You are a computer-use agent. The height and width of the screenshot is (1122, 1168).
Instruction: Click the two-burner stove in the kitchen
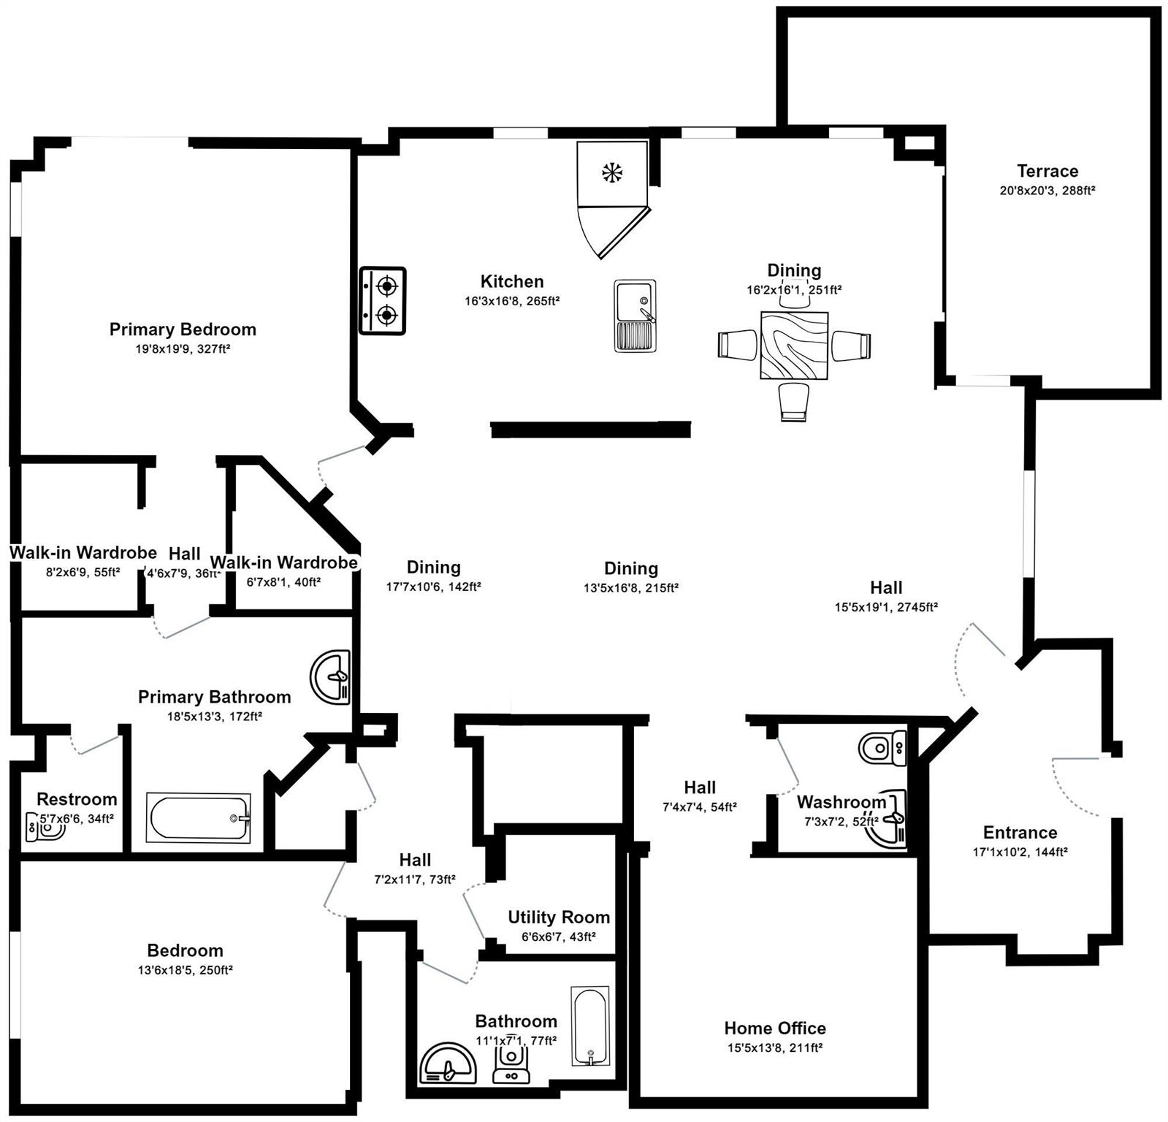click(382, 301)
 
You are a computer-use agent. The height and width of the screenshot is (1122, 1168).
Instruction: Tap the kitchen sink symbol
click(635, 316)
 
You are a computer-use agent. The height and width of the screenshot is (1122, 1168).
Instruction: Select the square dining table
click(794, 346)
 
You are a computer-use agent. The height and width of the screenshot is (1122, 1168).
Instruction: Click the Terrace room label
click(1047, 171)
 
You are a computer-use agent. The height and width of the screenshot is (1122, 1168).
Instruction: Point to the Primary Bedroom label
click(183, 329)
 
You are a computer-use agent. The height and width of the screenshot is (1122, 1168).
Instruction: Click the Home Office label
click(774, 1028)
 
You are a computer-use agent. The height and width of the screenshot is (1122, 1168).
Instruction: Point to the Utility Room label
click(559, 917)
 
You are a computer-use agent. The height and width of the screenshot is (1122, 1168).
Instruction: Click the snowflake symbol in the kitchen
click(612, 173)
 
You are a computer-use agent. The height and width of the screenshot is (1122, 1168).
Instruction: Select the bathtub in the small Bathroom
click(589, 1026)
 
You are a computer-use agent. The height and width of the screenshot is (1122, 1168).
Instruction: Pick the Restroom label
click(77, 799)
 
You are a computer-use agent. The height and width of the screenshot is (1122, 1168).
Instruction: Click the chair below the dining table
click(793, 402)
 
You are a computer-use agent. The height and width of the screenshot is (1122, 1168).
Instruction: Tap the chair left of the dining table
click(738, 344)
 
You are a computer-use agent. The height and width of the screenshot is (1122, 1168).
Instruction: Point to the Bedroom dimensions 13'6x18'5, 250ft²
click(184, 970)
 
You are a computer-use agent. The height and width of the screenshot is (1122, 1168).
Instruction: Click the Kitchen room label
click(511, 281)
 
